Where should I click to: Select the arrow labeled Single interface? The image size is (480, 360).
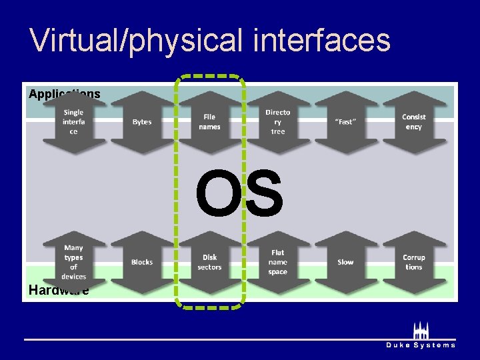pyautogui.click(x=74, y=122)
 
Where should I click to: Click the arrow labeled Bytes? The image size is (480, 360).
pyautogui.click(x=142, y=122)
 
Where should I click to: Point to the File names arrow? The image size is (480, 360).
pyautogui.click(x=209, y=122)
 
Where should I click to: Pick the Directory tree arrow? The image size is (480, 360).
pyautogui.click(x=277, y=122)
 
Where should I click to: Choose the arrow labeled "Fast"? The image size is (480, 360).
pyautogui.click(x=345, y=122)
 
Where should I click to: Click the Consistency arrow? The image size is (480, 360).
pyautogui.click(x=413, y=122)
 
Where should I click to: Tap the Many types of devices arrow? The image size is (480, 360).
pyautogui.click(x=74, y=262)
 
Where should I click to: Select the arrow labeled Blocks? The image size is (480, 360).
pyautogui.click(x=142, y=262)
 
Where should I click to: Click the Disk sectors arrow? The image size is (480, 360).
pyautogui.click(x=209, y=262)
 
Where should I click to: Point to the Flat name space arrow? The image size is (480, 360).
pyautogui.click(x=277, y=262)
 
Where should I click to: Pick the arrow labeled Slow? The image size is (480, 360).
pyautogui.click(x=345, y=262)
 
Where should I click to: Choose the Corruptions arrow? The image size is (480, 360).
pyautogui.click(x=413, y=262)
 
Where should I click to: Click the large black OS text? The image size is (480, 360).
pyautogui.click(x=239, y=193)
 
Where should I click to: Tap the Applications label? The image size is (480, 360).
pyautogui.click(x=64, y=94)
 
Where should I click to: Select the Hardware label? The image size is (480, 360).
pyautogui.click(x=59, y=290)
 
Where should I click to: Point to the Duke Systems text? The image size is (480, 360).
pyautogui.click(x=421, y=345)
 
